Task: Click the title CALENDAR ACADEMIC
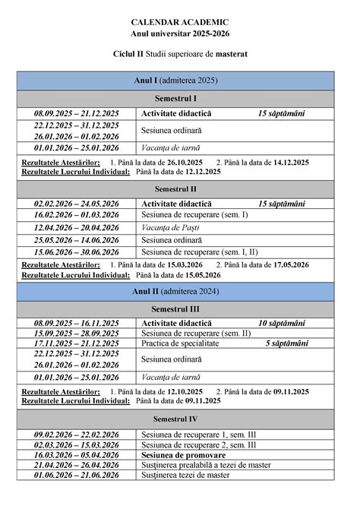click(x=180, y=24)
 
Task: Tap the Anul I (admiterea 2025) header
click(x=175, y=80)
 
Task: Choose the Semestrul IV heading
click(x=175, y=419)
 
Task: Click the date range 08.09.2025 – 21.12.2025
click(x=76, y=113)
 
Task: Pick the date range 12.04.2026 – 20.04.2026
click(x=76, y=228)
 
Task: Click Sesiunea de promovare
click(x=182, y=454)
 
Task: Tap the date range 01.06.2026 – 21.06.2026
click(x=76, y=475)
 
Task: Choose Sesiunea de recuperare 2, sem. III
click(x=198, y=444)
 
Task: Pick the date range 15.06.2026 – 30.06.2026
click(x=76, y=251)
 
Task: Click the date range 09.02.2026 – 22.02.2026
click(x=76, y=434)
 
